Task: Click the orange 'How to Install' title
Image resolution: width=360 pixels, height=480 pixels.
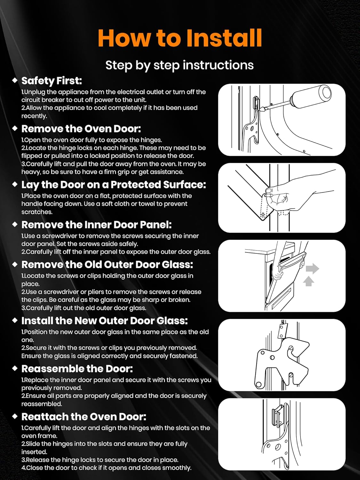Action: [x=180, y=38]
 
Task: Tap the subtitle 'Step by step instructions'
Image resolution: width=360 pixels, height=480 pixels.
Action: [x=180, y=65]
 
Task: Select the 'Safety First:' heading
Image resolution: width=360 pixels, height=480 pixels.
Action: [x=52, y=81]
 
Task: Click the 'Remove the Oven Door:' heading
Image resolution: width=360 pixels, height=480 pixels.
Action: [x=81, y=129]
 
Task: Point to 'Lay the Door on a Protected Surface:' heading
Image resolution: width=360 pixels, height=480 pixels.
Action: [x=114, y=185]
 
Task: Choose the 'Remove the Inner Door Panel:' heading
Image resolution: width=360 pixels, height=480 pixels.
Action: [x=96, y=225]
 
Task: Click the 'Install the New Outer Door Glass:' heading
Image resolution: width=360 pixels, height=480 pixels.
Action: [x=105, y=321]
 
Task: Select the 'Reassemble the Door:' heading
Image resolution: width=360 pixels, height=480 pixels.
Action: [x=77, y=369]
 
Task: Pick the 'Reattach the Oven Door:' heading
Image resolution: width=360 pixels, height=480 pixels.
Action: [x=84, y=417]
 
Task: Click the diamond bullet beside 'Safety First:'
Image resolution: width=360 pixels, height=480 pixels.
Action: [x=15, y=80]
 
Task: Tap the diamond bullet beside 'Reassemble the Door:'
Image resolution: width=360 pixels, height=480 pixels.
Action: [x=15, y=368]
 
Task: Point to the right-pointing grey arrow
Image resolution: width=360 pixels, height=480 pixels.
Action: [x=312, y=268]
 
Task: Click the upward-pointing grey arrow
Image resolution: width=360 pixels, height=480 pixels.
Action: [x=308, y=281]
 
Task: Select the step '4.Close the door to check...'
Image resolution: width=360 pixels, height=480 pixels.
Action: [x=106, y=468]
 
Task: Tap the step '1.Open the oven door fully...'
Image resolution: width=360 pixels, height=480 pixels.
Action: [x=92, y=140]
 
